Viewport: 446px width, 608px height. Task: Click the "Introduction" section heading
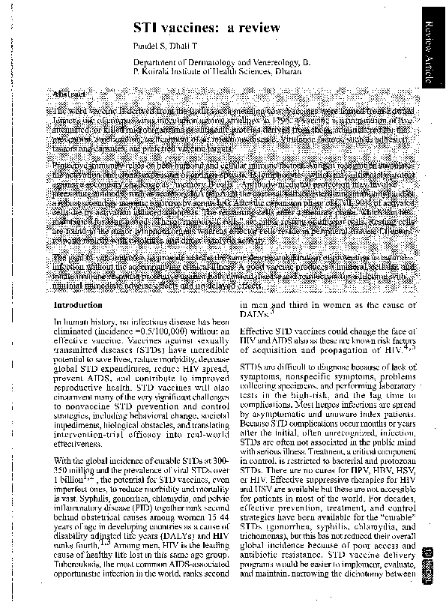point(79,306)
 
